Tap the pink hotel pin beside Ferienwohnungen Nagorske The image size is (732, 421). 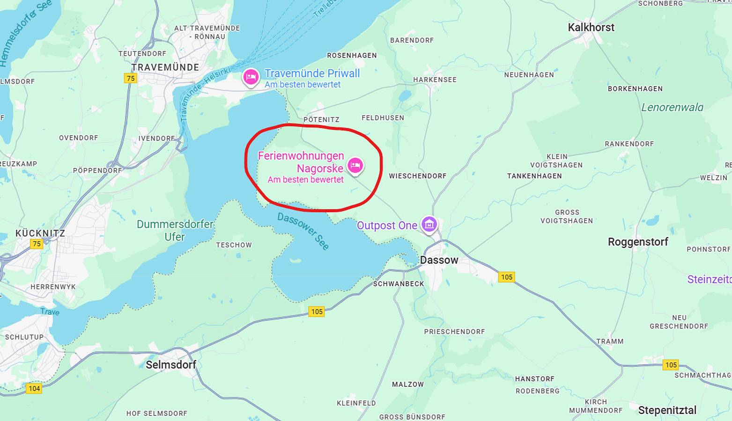point(355,165)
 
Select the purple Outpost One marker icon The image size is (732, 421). point(429,224)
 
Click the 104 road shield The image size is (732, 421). point(34,388)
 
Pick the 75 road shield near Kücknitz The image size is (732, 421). point(36,244)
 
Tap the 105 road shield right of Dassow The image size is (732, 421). point(506,277)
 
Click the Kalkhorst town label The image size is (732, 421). point(591,27)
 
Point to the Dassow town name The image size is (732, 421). point(439,260)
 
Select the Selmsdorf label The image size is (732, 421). point(171,364)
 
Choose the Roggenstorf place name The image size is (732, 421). point(638,242)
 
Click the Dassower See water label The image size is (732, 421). point(303,231)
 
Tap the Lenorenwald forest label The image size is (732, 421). point(672,107)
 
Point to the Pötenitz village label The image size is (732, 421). point(321,120)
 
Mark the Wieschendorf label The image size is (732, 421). point(418,176)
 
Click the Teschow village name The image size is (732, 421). point(234,245)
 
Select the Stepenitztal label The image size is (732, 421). point(667,410)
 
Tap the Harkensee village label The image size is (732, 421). point(435,80)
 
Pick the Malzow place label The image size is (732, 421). point(408,385)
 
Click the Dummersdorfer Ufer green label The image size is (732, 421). point(175,231)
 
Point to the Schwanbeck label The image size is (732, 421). point(399,284)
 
